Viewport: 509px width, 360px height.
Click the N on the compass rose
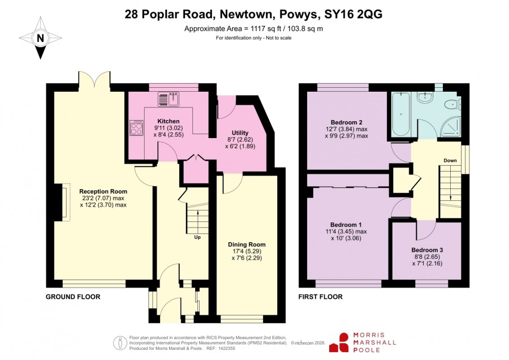tap(40, 38)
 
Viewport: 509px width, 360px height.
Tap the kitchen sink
tap(169, 99)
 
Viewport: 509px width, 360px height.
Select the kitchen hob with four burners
tap(136, 128)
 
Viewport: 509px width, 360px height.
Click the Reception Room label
tap(103, 191)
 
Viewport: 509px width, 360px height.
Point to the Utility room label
tap(240, 132)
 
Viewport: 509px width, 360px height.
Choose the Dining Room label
tap(247, 245)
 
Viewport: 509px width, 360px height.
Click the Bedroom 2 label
tap(346, 122)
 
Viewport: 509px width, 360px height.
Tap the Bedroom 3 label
tap(427, 250)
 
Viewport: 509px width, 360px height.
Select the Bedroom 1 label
tap(346, 225)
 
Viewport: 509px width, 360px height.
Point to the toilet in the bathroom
tap(452, 105)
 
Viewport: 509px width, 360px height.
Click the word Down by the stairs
tap(450, 161)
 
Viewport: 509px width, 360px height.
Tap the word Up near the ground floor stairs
tap(197, 237)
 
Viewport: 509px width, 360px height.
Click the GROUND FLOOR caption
tap(73, 297)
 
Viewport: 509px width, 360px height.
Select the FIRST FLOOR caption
tap(321, 297)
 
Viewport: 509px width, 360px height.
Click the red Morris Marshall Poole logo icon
tap(339, 343)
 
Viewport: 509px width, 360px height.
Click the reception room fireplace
tap(62, 203)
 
